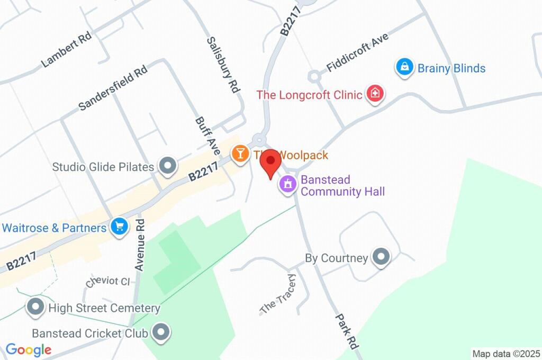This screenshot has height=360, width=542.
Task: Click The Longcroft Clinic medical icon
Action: [375, 94]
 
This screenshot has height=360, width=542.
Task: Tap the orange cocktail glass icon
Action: [240, 154]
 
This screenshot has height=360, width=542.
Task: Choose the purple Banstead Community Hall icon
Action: [288, 185]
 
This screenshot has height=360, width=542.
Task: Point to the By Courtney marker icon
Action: [381, 258]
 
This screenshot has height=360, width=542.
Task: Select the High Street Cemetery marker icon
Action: [35, 307]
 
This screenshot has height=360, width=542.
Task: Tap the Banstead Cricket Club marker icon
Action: [160, 333]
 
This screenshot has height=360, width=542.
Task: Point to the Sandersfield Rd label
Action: [112, 88]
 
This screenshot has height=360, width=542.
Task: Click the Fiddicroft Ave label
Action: [357, 52]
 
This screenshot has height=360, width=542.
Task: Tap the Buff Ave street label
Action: [207, 136]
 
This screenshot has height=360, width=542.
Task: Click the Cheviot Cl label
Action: [107, 281]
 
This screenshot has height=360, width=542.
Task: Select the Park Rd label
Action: [347, 330]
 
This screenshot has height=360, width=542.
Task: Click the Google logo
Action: [28, 349]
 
